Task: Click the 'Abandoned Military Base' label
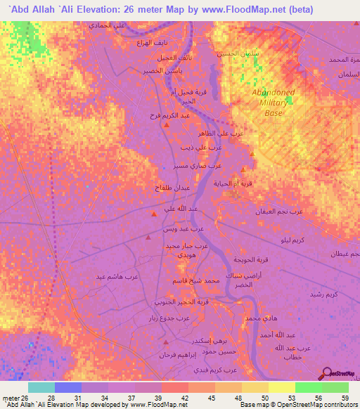[274, 103]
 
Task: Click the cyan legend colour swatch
[41, 387]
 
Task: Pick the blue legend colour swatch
[68, 387]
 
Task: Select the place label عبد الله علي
[180, 208]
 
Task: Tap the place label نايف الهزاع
[148, 43]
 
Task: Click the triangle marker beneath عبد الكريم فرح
[166, 125]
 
